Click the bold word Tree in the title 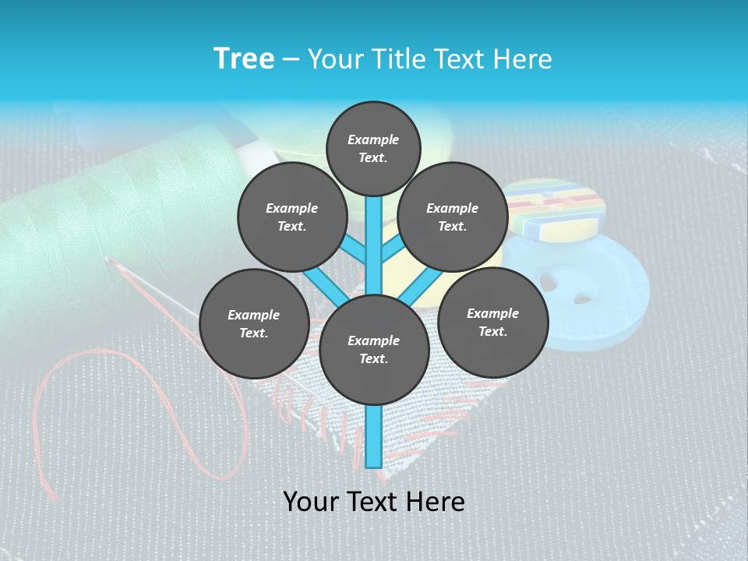point(244,59)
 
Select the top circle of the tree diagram point(373,148)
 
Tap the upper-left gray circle point(291,217)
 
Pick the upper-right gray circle point(453,217)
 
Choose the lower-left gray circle point(253,324)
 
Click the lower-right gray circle point(492,322)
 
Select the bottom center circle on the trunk point(374,350)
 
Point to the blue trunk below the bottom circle point(374,436)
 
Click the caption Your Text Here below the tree point(374,502)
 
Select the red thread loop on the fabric point(140,405)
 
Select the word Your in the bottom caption point(310,502)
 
